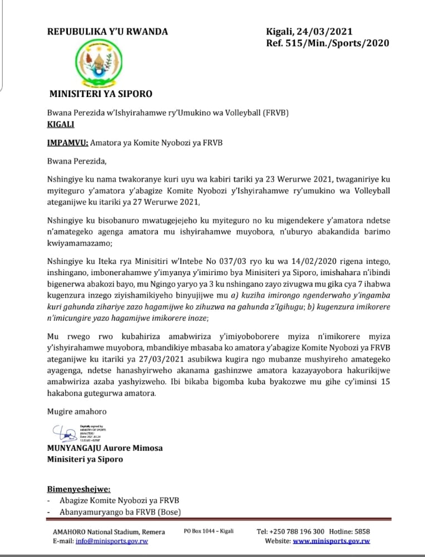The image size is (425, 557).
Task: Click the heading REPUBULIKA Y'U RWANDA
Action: click(x=107, y=32)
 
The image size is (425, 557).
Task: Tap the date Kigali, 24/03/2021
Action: click(x=310, y=32)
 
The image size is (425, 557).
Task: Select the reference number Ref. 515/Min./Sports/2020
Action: click(x=328, y=43)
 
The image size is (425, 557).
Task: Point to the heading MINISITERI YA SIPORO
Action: click(x=101, y=93)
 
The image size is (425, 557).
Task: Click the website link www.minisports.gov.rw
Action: click(x=332, y=541)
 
